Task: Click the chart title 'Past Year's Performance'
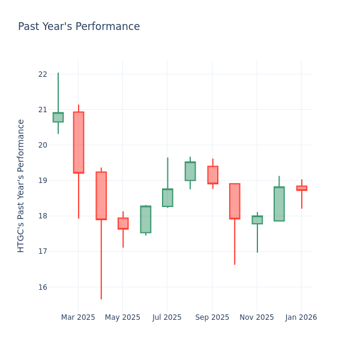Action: pyautogui.click(x=79, y=27)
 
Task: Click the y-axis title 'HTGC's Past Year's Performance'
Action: pyautogui.click(x=21, y=185)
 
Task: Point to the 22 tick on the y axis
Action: pyautogui.click(x=42, y=74)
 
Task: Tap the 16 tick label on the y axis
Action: pyautogui.click(x=42, y=287)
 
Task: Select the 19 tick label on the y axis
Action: pyautogui.click(x=42, y=181)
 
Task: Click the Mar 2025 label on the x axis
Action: pyautogui.click(x=78, y=317)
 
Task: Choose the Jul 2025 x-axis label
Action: pyautogui.click(x=167, y=317)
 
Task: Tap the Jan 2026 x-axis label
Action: pyautogui.click(x=301, y=317)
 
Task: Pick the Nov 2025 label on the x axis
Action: pyautogui.click(x=256, y=317)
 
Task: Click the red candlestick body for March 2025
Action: pyautogui.click(x=79, y=142)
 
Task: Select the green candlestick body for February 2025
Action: pyautogui.click(x=58, y=118)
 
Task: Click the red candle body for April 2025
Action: pyautogui.click(x=101, y=196)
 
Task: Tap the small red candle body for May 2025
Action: pyautogui.click(x=123, y=223)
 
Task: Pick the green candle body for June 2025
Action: pyautogui.click(x=146, y=219)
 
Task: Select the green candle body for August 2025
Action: pyautogui.click(x=190, y=171)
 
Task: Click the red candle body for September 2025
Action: pyautogui.click(x=212, y=175)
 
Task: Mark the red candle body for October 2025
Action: pyautogui.click(x=235, y=201)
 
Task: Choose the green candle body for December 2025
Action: pyautogui.click(x=279, y=204)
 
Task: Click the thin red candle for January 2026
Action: pyautogui.click(x=301, y=188)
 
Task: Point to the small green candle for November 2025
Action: pyautogui.click(x=257, y=220)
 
